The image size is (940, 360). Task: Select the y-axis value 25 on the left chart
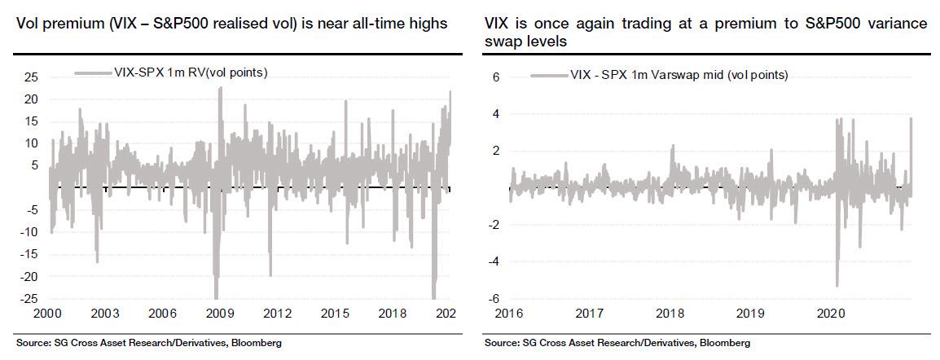coord(32,77)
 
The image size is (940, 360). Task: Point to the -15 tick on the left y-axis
coord(29,255)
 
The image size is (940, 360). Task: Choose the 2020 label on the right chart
coord(829,313)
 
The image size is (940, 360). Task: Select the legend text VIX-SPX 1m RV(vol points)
coord(182,73)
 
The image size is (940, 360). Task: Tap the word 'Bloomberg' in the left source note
coord(254,344)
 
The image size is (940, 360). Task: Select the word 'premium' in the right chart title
coord(703,24)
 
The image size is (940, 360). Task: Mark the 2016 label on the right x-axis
coord(509,313)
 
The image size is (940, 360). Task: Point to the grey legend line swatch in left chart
coord(86,73)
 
